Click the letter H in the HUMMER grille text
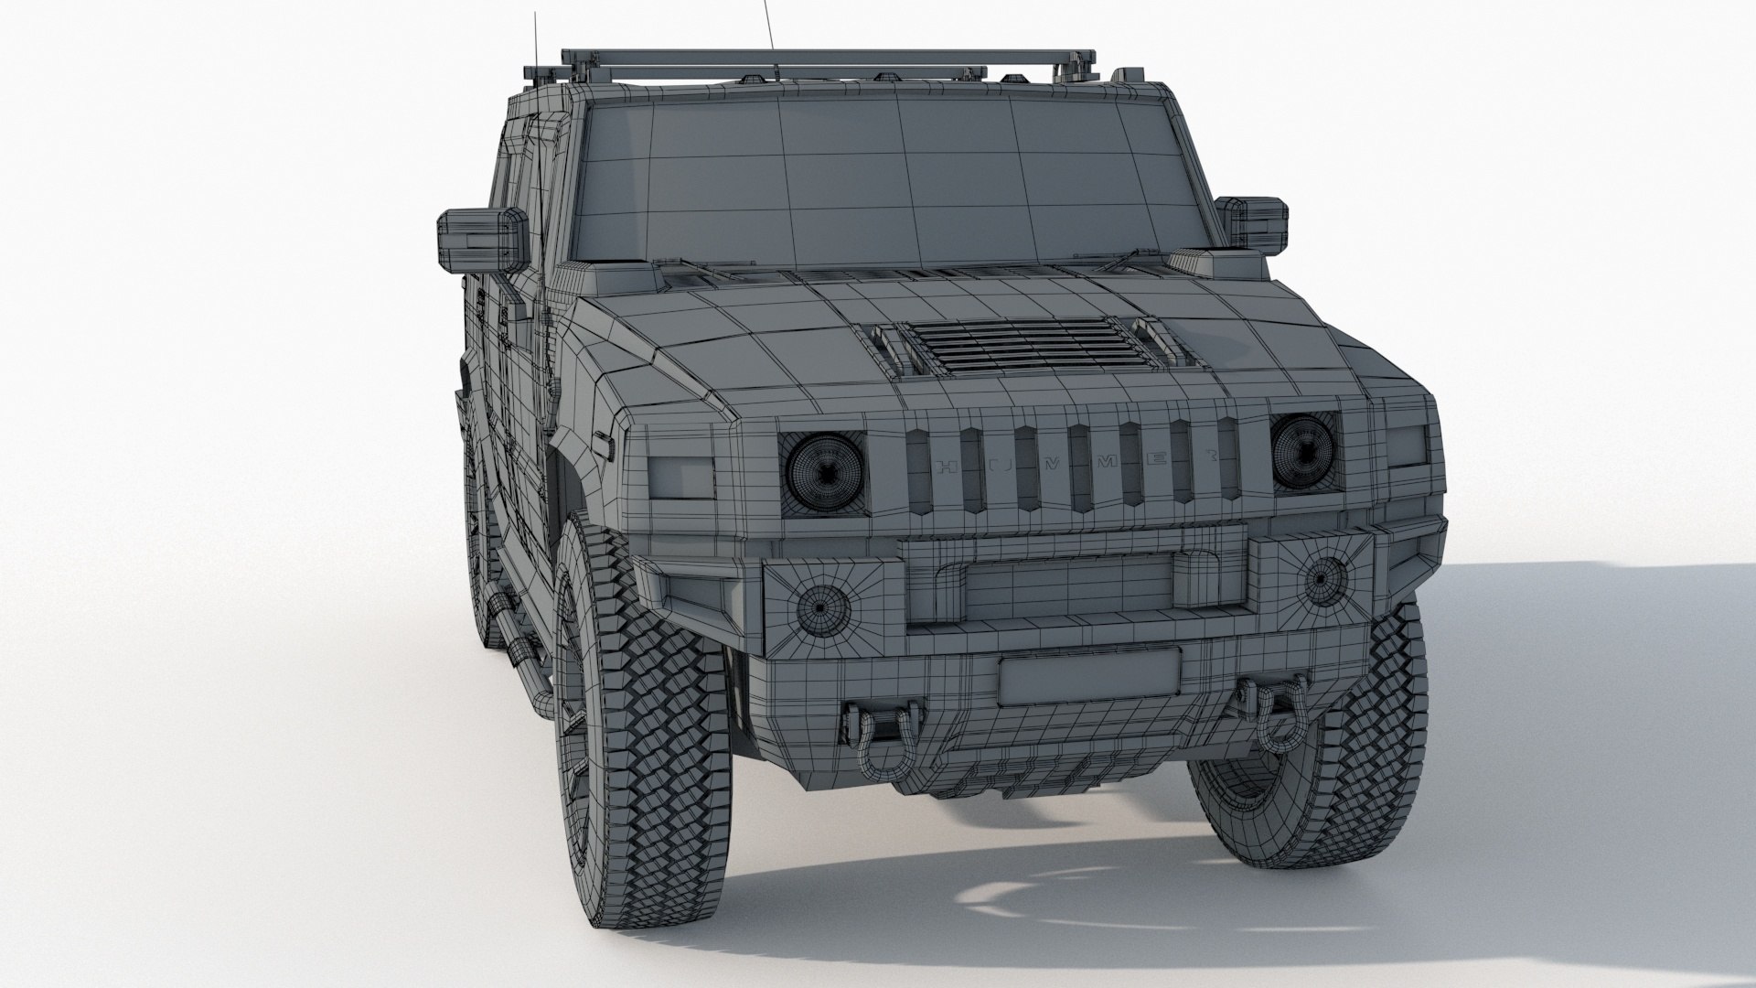[x=946, y=467]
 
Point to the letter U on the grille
[x=1000, y=466]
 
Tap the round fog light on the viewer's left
[x=820, y=606]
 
